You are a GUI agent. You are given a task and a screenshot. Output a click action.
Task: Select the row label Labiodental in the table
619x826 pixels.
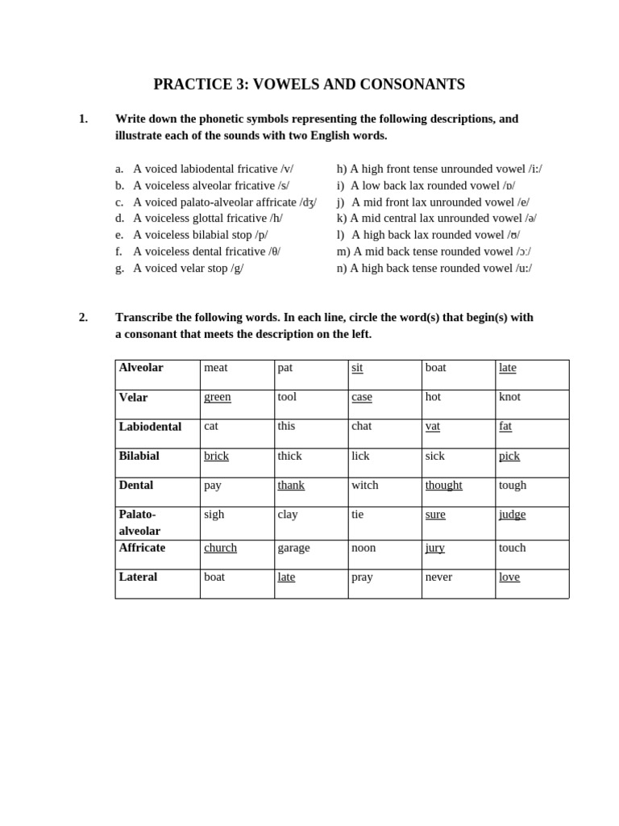[150, 427]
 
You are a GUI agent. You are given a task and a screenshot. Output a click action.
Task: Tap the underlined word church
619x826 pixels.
[220, 548]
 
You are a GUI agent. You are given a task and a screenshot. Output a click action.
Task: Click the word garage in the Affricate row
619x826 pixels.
[293, 548]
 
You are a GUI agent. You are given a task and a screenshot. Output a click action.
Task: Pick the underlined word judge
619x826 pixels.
[512, 515]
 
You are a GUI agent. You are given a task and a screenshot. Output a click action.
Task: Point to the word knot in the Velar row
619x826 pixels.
[509, 397]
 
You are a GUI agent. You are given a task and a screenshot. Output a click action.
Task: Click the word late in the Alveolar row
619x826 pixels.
[507, 368]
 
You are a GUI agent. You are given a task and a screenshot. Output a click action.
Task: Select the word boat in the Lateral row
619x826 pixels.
[215, 577]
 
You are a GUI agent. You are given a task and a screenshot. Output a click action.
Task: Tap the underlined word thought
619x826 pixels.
[443, 485]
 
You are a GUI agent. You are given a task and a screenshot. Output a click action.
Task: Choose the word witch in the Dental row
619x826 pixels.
[364, 485]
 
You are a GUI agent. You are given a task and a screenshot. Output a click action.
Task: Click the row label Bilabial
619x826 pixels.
[139, 456]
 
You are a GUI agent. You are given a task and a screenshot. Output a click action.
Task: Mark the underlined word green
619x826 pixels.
[217, 397]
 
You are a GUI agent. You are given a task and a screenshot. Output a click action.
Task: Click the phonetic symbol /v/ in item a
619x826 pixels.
[287, 169]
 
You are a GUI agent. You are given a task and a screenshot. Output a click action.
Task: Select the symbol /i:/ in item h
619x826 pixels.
[535, 169]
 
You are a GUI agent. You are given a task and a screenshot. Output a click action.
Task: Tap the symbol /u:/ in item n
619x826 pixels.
[523, 268]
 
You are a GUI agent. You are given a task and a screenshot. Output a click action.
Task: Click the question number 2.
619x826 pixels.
[83, 317]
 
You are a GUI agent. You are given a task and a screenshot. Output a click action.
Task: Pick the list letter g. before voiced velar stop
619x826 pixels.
[119, 268]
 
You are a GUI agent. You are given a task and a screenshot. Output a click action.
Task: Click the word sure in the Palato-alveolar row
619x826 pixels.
[435, 515]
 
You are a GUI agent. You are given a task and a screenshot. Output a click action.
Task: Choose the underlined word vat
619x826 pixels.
[432, 426]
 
